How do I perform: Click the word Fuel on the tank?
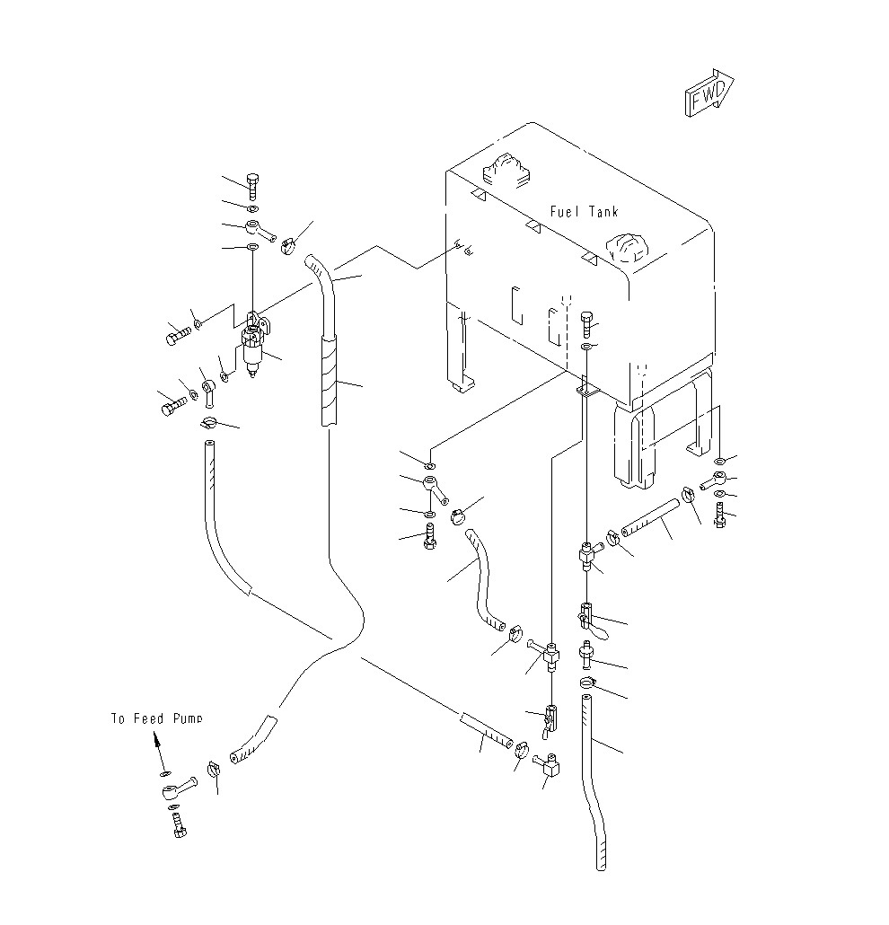coord(564,212)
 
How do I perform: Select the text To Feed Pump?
coord(157,718)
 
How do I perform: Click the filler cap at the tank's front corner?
coord(628,249)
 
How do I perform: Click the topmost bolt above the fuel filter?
coord(252,187)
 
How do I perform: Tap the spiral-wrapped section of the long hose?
coord(330,380)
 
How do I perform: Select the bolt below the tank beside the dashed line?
coord(588,323)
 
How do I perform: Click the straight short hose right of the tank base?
coord(650,518)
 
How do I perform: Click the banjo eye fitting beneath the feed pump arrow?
coord(178,788)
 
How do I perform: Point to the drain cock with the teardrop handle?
coord(592,621)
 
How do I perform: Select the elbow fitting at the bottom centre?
coord(548,765)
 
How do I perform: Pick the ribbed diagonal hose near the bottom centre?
coord(486,730)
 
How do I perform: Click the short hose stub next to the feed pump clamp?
coord(253,741)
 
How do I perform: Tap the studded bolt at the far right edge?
coord(719,515)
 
